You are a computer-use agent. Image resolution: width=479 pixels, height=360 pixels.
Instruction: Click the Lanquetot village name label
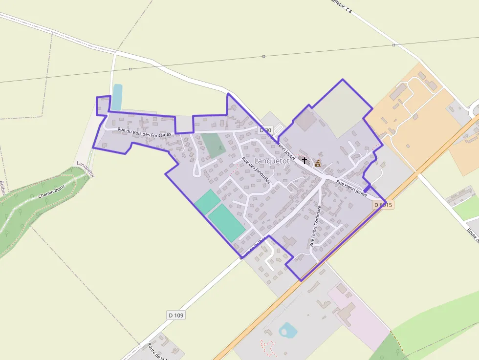point(272,160)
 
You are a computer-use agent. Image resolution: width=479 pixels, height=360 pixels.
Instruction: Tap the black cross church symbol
point(305,160)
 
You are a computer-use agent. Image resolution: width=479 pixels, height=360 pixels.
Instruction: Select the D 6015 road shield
point(383,205)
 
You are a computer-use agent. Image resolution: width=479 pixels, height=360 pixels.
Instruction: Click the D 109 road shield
point(176,315)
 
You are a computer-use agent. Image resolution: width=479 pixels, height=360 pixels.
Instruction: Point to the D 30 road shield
point(265,130)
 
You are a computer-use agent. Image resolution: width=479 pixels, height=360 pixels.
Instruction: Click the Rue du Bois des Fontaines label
point(145,132)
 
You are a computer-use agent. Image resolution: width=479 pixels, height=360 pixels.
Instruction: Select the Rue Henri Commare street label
point(316,225)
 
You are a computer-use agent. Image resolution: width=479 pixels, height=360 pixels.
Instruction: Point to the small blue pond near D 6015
point(288,331)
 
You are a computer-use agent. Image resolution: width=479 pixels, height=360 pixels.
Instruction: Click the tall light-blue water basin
point(117,97)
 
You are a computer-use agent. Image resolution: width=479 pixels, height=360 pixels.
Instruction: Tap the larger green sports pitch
point(226,222)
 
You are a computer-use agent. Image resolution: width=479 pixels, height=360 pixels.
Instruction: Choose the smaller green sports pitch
point(207,201)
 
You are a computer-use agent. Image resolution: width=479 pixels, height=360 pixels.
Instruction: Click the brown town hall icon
point(318,163)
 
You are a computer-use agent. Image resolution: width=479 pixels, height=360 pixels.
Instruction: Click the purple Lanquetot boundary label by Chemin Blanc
point(85,169)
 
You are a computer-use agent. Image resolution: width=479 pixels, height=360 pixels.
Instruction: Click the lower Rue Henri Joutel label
point(351,188)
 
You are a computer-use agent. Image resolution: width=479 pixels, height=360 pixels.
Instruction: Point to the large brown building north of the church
point(305,120)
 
